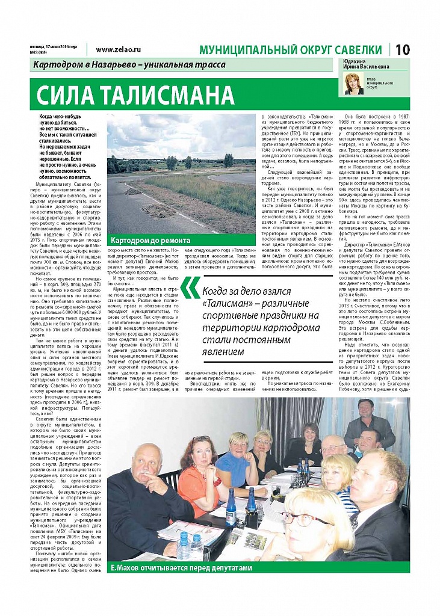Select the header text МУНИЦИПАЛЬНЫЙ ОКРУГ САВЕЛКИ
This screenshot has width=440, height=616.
(293, 51)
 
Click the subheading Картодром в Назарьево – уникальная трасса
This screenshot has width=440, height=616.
(129, 64)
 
